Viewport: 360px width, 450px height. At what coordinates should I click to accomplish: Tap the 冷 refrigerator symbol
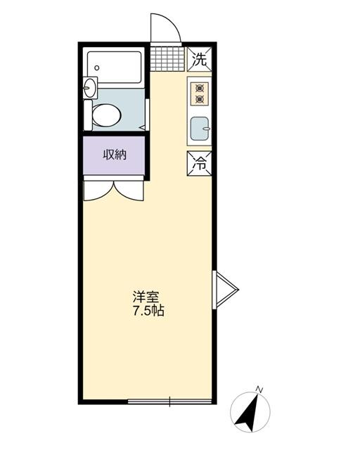click(199, 164)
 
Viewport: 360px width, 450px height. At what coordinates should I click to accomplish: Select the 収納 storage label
click(115, 155)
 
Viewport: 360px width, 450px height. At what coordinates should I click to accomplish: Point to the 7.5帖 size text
click(148, 311)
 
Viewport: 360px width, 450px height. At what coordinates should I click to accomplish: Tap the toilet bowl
click(107, 114)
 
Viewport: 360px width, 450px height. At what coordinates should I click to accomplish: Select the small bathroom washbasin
click(89, 88)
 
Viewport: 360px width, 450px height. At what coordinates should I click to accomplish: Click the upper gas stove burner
click(200, 89)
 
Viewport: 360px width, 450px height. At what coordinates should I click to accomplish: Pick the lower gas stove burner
click(200, 100)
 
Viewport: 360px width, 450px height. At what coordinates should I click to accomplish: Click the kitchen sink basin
click(200, 129)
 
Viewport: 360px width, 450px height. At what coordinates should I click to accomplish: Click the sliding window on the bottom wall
click(169, 402)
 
